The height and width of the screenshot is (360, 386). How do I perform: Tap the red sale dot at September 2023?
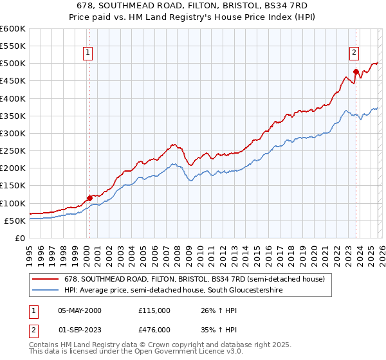tap(356, 71)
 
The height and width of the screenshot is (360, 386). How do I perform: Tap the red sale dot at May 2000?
tap(89, 198)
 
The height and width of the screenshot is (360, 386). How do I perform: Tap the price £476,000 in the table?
tap(154, 330)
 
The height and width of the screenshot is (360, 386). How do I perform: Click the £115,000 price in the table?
tap(154, 310)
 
